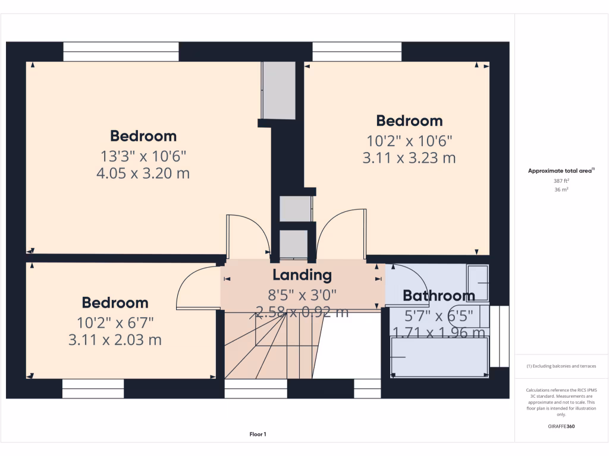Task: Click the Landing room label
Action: pyautogui.click(x=302, y=275)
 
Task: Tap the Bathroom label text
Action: pyautogui.click(x=439, y=296)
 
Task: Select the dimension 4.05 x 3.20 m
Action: pyautogui.click(x=143, y=173)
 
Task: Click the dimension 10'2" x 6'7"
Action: pyautogui.click(x=115, y=322)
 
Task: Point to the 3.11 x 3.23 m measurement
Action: pyautogui.click(x=409, y=158)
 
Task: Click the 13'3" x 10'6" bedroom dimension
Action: pyautogui.click(x=143, y=156)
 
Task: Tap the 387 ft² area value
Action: pyautogui.click(x=561, y=181)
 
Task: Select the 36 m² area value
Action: pyautogui.click(x=561, y=189)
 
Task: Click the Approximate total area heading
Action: pyautogui.click(x=561, y=170)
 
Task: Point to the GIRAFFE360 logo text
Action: pyautogui.click(x=561, y=426)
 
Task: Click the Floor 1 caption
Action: pyautogui.click(x=258, y=434)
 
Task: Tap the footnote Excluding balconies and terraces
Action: pyautogui.click(x=561, y=366)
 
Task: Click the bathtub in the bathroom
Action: pyautogui.click(x=440, y=357)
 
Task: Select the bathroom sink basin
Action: pyautogui.click(x=478, y=283)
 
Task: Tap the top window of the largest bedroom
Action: pyautogui.click(x=121, y=52)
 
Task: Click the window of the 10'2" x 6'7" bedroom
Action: pyautogui.click(x=93, y=388)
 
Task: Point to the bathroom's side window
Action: pyautogui.click(x=500, y=337)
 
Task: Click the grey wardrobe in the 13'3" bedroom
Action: pyautogui.click(x=278, y=90)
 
